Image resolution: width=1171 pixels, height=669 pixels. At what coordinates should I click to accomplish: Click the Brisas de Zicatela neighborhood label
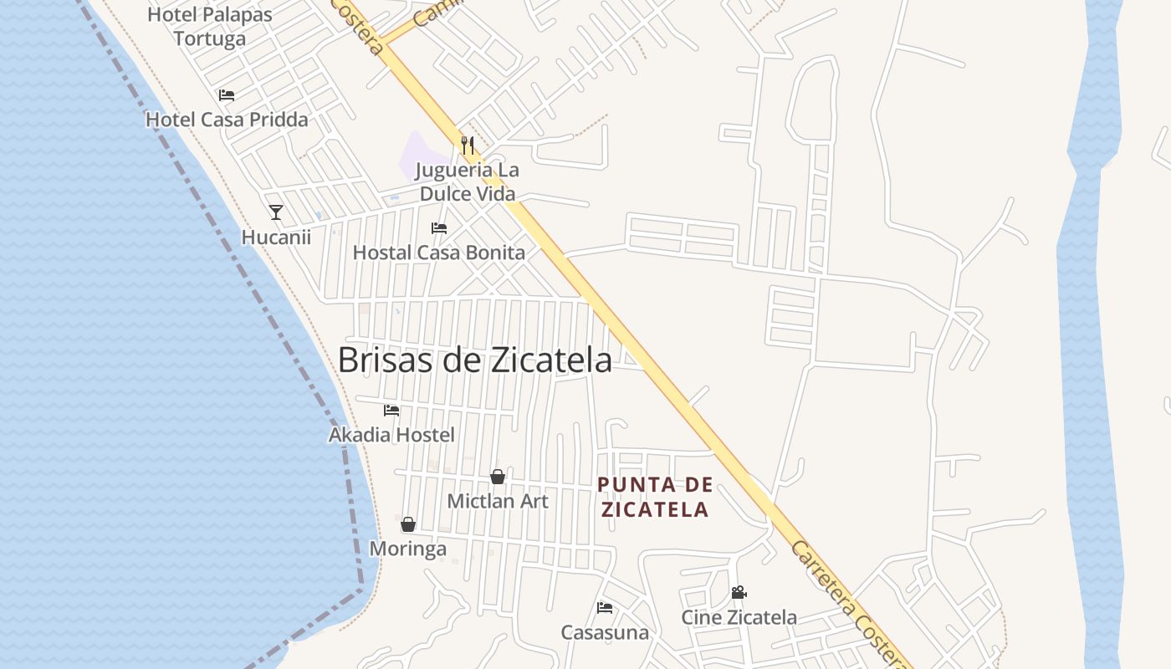(x=474, y=360)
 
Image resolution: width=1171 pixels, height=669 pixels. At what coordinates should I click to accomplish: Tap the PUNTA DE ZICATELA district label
(x=656, y=497)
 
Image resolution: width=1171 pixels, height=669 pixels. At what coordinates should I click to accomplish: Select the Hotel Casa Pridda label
(x=227, y=120)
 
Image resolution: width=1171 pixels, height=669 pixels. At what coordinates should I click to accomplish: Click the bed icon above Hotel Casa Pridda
(x=227, y=95)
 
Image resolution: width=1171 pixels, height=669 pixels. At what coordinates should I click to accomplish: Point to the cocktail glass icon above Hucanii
(x=276, y=212)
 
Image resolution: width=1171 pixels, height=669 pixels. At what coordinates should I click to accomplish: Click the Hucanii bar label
(x=276, y=237)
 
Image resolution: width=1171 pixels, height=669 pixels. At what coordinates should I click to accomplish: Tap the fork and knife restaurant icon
(x=468, y=146)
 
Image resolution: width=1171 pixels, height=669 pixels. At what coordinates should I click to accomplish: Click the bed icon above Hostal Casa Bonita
(x=439, y=227)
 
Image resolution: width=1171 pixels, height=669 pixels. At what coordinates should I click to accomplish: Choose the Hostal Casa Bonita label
(x=439, y=252)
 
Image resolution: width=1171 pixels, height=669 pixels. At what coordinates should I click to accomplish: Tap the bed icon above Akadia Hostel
(x=391, y=411)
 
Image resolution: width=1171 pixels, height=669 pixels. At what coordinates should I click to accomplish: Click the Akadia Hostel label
(x=391, y=435)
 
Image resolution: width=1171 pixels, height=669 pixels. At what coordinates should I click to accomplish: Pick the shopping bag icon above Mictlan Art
(x=498, y=477)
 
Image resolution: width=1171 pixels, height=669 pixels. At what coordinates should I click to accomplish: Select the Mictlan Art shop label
(x=498, y=501)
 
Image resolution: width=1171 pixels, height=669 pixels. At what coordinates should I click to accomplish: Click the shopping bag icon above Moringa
(x=408, y=524)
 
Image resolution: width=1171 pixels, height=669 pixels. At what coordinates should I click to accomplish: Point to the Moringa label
(x=408, y=549)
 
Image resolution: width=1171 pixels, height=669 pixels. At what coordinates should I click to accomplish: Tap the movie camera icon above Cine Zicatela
(x=739, y=593)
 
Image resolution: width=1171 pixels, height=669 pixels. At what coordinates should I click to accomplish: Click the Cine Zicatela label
(x=739, y=618)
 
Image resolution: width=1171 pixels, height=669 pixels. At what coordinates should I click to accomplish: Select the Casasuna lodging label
(x=605, y=632)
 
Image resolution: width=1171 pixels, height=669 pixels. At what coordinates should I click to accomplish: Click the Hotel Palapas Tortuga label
(x=210, y=27)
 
